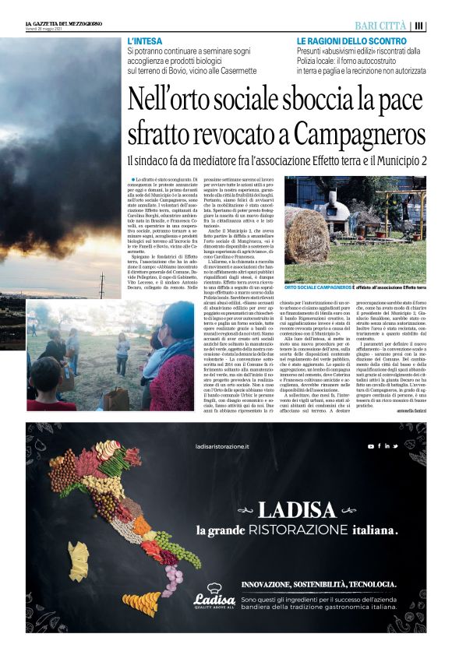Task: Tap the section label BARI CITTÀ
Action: [382, 25]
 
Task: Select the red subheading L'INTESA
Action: [144, 40]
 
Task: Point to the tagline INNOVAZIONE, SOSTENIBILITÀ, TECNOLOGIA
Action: [319, 583]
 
